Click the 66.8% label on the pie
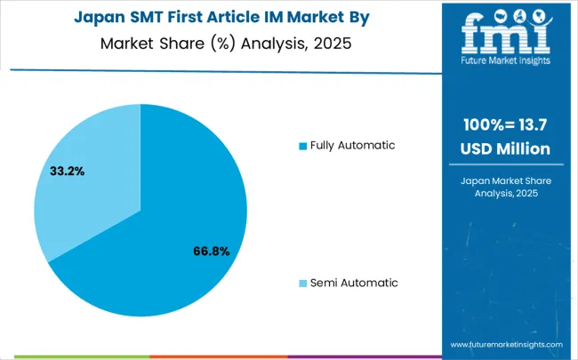211,252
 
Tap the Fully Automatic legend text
353,145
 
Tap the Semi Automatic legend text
354,283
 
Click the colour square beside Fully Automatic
302,145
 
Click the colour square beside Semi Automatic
302,283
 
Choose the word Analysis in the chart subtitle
272,42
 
